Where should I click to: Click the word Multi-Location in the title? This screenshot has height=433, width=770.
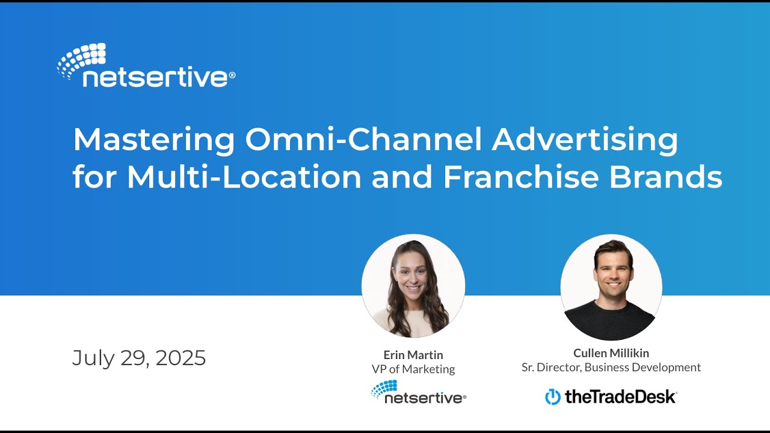pos(244,177)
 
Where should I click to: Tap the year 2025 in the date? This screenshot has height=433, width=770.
pos(180,358)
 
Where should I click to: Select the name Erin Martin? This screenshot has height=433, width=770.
pos(413,355)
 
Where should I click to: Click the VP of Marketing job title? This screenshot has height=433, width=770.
pos(413,369)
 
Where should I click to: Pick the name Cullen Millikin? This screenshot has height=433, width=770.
pos(611,353)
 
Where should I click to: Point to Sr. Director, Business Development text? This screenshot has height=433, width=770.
pos(611,367)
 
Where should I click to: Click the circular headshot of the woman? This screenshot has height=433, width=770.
pos(413,286)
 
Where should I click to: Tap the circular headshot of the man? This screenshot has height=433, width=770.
pos(611,287)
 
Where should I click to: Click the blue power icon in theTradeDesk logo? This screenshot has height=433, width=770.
pos(552,397)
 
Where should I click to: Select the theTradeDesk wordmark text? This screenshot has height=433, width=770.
pos(620,397)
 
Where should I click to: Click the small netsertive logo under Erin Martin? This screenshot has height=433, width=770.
pos(419,392)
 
